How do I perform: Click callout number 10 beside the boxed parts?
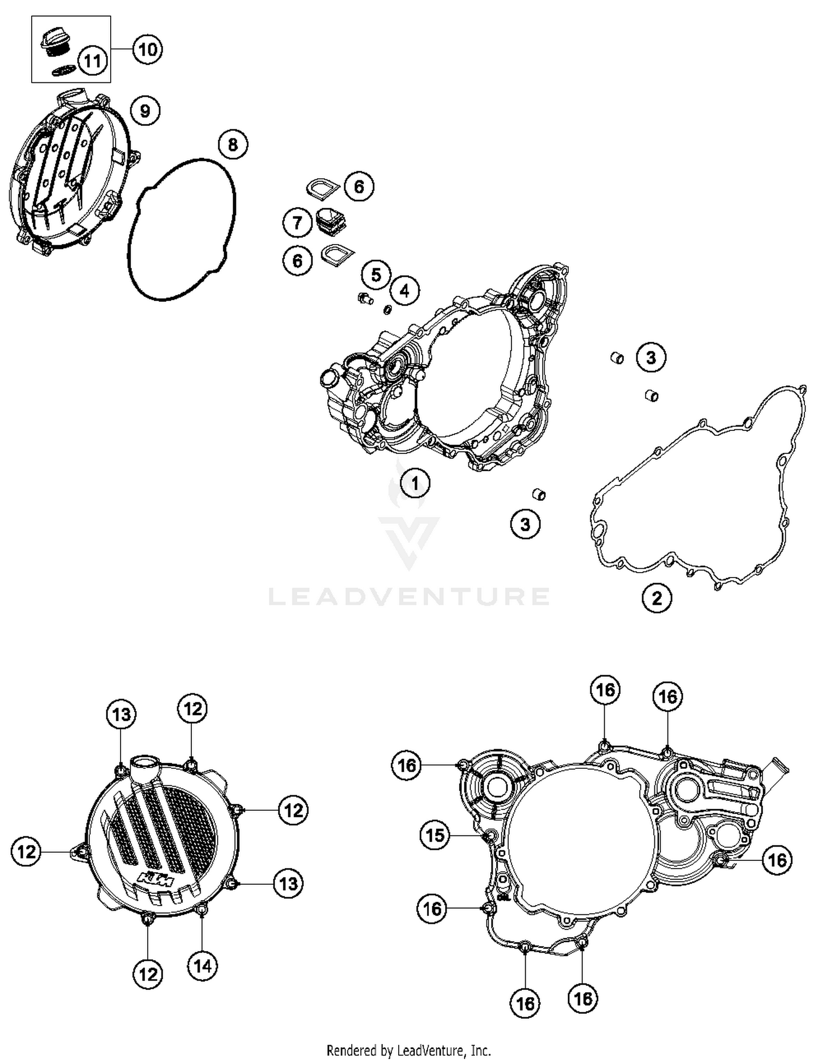147,50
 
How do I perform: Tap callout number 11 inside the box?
92,60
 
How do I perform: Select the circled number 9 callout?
145,111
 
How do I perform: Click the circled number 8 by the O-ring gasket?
233,145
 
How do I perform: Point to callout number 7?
297,223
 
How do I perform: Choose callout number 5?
376,275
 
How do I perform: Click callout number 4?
405,290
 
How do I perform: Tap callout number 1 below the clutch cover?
415,483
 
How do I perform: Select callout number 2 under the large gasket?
657,598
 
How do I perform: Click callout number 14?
202,967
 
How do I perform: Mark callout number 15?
435,835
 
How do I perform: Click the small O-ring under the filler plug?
63,71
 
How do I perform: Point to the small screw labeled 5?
364,298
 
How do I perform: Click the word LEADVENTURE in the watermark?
409,597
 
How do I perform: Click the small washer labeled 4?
388,309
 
